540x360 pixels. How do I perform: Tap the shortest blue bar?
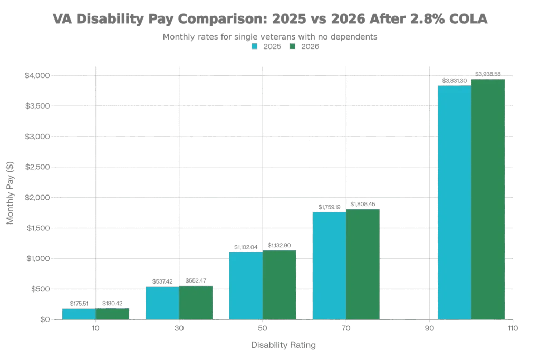[x=79, y=314]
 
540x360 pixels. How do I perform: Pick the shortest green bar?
[x=112, y=314]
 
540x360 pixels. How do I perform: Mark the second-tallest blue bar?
[x=329, y=265]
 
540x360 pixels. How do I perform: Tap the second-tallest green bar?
[x=363, y=264]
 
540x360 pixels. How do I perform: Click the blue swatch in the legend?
[x=255, y=46]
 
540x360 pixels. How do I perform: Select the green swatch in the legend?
[x=292, y=46]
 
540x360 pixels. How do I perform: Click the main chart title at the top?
[x=270, y=19]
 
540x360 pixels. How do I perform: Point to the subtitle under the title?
[x=270, y=37]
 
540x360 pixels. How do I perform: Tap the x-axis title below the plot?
[x=283, y=345]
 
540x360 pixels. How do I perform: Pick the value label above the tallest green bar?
[x=488, y=74]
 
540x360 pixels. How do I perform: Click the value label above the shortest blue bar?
[x=79, y=303]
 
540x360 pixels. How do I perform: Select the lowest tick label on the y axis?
[x=44, y=319]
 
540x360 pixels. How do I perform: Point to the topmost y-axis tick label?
[x=38, y=76]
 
